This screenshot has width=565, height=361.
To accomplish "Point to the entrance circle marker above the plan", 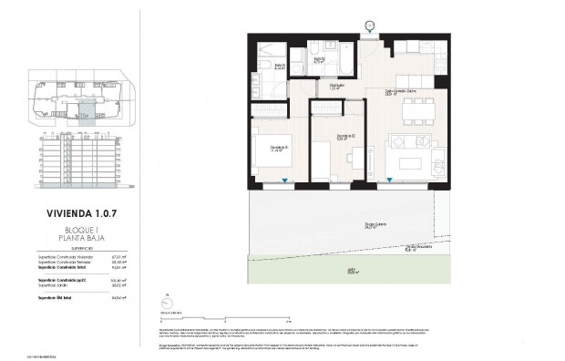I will pos(369,25).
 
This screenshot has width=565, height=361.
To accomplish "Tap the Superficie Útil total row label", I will pos(56,296).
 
